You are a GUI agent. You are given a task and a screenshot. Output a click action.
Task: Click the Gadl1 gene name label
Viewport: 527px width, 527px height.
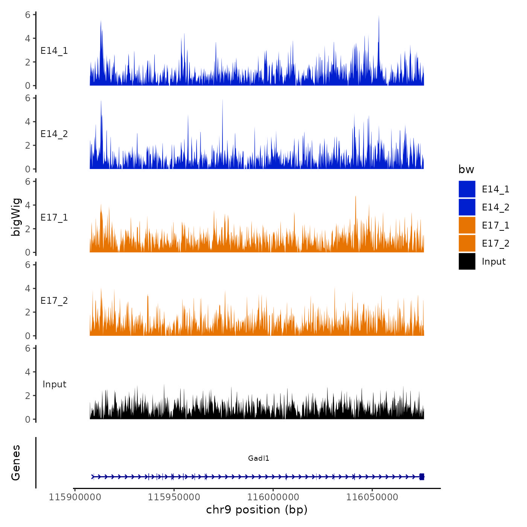(259, 458)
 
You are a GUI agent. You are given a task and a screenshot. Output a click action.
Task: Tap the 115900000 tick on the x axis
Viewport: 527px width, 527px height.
(75, 497)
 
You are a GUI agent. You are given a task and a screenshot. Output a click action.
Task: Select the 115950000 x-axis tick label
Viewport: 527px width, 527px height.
(174, 497)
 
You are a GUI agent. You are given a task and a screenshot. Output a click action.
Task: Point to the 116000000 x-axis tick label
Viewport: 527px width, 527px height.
(273, 497)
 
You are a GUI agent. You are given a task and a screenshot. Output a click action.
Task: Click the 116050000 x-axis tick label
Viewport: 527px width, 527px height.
(372, 497)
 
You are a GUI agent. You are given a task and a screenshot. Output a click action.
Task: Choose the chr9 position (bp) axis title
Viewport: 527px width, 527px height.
(257, 510)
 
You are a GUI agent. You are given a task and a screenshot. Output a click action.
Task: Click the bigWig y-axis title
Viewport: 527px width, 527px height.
(16, 217)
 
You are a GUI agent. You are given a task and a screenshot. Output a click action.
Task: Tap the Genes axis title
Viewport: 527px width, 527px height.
(16, 463)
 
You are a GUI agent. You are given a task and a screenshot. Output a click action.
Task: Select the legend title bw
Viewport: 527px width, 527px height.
(466, 169)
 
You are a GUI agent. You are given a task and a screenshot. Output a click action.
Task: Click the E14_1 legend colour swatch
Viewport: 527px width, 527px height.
(467, 189)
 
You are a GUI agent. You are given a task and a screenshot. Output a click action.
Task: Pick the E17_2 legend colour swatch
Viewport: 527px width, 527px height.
(467, 243)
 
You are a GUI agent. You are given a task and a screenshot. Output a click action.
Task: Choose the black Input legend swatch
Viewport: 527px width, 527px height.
(467, 261)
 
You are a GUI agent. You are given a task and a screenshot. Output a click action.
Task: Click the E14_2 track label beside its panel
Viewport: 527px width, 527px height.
(54, 134)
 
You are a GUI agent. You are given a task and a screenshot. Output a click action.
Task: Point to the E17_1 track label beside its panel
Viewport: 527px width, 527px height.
(54, 218)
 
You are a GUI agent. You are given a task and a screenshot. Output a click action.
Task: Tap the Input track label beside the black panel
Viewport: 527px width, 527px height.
(54, 384)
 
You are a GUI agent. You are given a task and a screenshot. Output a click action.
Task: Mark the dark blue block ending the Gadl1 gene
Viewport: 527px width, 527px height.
(422, 477)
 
